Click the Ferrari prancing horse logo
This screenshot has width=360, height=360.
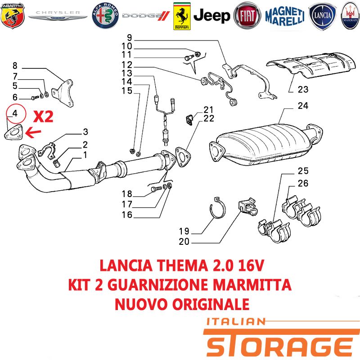182,16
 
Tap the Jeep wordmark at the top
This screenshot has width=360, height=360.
211,16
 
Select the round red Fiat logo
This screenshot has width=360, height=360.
247,16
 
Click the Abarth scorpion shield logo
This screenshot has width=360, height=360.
13,15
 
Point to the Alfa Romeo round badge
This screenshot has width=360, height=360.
105,16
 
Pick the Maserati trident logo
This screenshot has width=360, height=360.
351,16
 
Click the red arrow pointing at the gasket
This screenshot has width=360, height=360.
33,133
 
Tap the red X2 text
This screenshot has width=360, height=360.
43,117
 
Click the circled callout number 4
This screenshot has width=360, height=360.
15,113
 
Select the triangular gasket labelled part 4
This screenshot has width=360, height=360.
14,132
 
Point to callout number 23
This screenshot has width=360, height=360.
303,90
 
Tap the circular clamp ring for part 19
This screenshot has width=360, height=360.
218,207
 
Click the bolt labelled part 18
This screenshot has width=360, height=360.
156,189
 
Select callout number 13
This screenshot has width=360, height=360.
127,73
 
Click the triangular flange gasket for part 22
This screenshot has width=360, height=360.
183,157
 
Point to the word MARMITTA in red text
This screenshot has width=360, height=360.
252,284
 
